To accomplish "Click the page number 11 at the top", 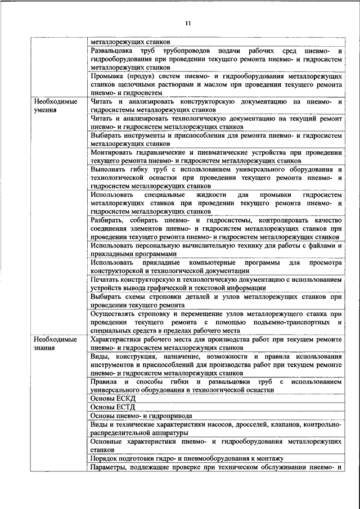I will [188, 22].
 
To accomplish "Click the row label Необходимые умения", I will [55, 106].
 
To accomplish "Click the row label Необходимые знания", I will [55, 344].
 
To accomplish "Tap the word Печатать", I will [107, 280].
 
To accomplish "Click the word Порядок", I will [105, 459].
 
